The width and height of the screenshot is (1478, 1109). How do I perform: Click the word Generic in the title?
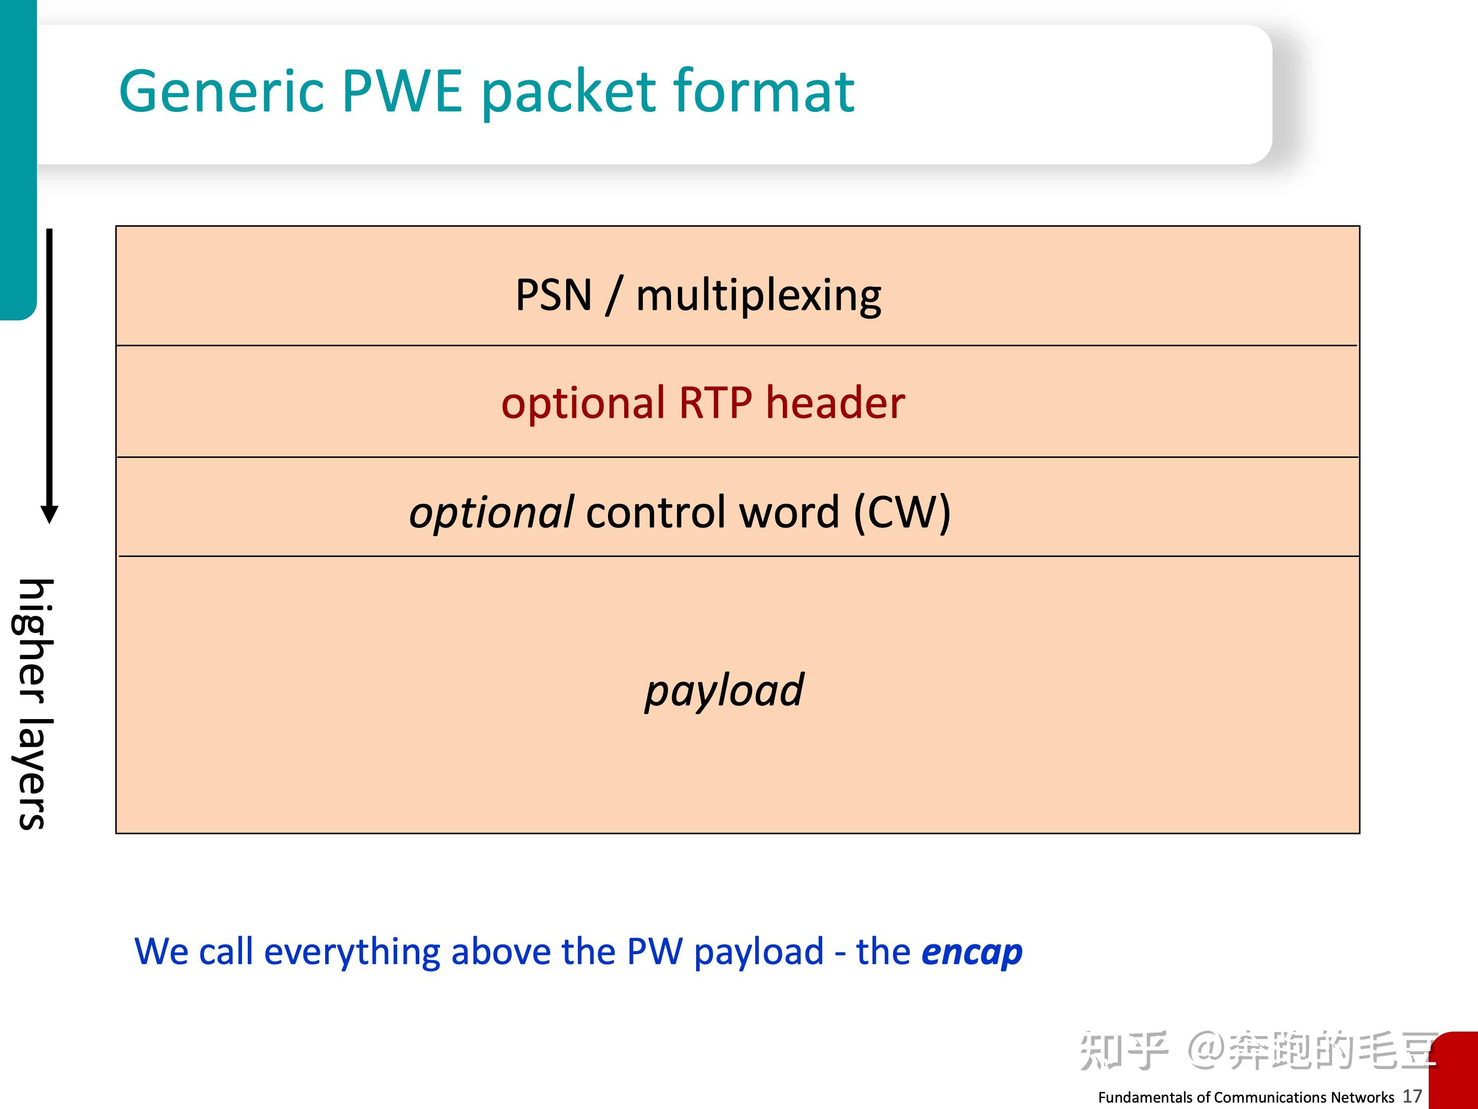point(221,92)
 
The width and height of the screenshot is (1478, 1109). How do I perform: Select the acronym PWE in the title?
point(402,92)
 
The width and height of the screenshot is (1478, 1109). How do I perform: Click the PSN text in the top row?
point(553,295)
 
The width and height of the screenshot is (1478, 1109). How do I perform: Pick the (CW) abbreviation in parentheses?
point(902,513)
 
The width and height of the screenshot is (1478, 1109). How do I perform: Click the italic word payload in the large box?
point(724,690)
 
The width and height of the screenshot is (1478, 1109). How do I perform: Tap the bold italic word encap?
point(972,951)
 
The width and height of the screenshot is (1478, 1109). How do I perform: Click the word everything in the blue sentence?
point(351,951)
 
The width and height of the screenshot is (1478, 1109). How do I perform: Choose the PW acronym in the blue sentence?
point(655,951)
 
